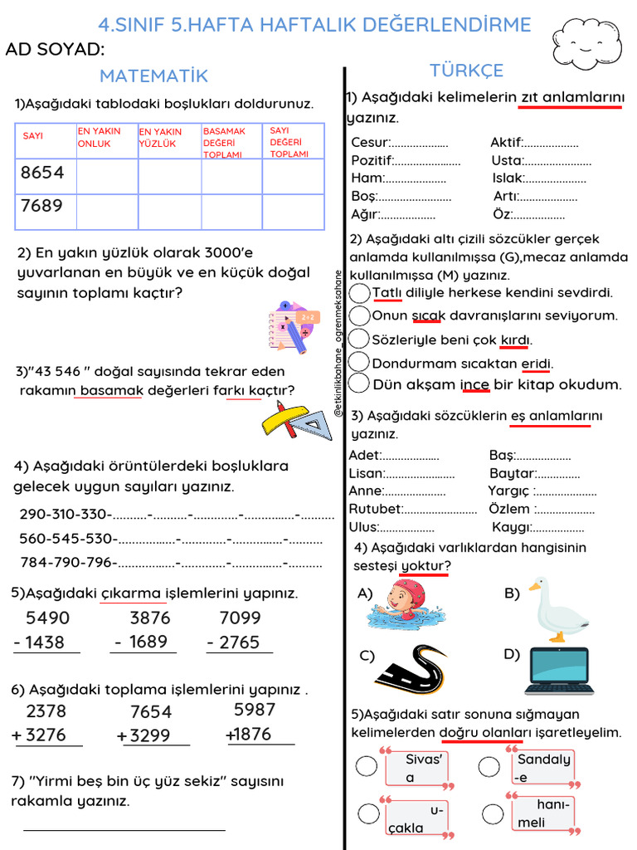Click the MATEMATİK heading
(153, 76)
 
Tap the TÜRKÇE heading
(466, 71)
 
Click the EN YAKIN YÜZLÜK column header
(169, 141)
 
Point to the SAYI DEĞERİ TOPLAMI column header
(292, 141)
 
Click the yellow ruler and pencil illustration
(295, 420)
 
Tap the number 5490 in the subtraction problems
(48, 618)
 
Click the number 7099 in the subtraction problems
(240, 618)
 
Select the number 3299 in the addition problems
(149, 736)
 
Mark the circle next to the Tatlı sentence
(359, 293)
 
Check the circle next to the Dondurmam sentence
(359, 363)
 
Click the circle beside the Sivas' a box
(366, 766)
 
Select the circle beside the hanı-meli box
(493, 813)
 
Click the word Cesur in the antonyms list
(369, 143)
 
